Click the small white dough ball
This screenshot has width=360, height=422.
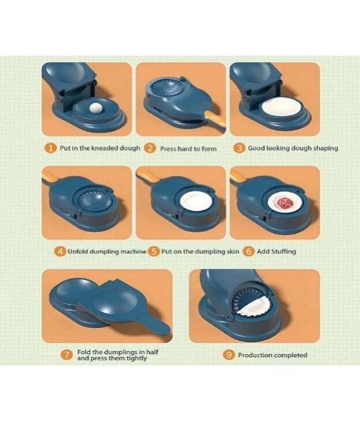point(96,108)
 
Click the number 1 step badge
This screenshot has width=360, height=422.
point(51,148)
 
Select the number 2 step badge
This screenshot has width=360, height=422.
point(150,148)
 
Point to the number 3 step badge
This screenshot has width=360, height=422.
point(239,148)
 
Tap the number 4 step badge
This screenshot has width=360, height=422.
point(60,252)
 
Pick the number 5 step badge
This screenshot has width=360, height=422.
point(154,252)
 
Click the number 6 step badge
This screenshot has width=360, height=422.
point(249,252)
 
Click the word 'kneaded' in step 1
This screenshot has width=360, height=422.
point(104,148)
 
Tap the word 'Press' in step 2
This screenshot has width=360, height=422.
point(168,149)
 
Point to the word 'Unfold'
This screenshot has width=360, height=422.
point(77,252)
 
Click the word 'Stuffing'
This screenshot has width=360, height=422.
point(284,252)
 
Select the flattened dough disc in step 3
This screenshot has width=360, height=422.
point(281,108)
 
